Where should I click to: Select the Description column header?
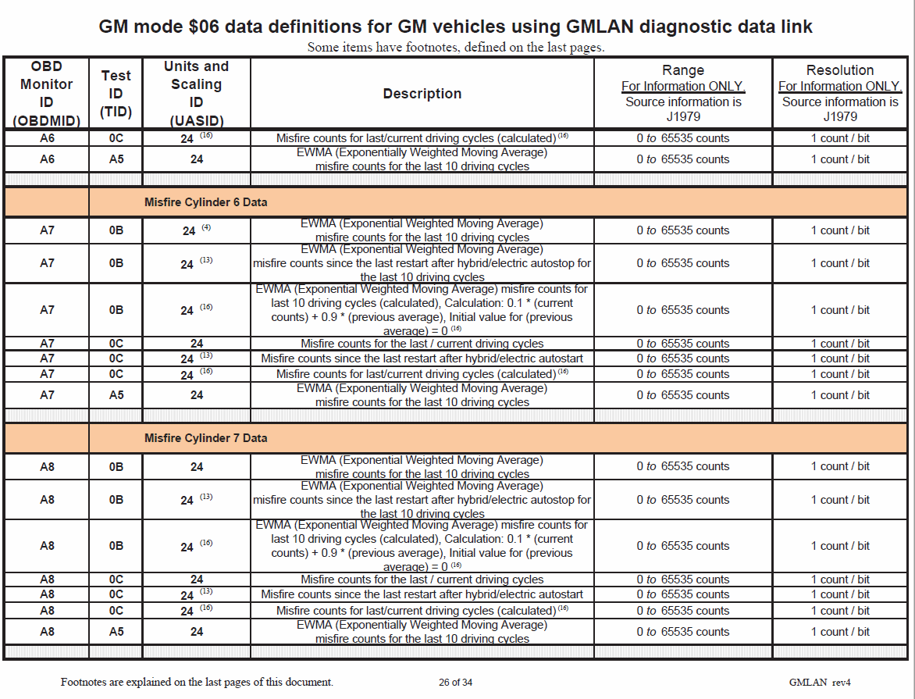422,94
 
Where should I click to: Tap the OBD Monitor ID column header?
46,93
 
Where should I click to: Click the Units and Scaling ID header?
196,93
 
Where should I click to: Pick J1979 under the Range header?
683,116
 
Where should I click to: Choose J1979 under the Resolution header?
840,116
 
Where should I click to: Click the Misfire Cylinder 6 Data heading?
205,202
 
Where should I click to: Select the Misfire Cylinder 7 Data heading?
205,438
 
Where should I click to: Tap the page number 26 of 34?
455,682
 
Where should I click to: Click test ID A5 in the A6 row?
116,159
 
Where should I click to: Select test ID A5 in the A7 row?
116,395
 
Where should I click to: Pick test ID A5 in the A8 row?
116,631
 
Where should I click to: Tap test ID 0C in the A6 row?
116,138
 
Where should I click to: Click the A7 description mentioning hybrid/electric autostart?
422,358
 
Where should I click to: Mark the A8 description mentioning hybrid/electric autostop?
422,500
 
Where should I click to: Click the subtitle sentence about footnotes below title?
456,47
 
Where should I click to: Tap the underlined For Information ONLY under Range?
683,86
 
